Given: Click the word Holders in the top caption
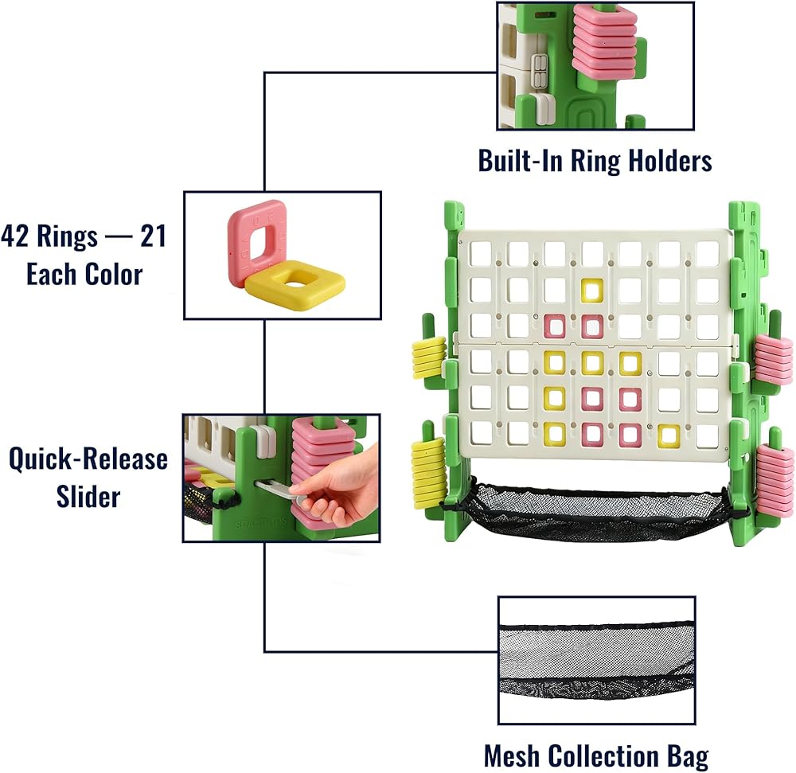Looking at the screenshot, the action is (670, 160).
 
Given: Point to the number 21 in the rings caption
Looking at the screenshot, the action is (154, 236).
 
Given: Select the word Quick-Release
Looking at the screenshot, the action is (88, 459).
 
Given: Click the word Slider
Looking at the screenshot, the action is (88, 496).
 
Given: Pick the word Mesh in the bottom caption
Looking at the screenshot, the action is (512, 755).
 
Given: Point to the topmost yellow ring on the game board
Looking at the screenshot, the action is (592, 291).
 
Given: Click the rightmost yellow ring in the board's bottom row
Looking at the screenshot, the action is (669, 436).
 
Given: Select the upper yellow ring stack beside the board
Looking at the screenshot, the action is (429, 358).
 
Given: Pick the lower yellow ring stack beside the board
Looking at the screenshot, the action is (428, 473).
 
